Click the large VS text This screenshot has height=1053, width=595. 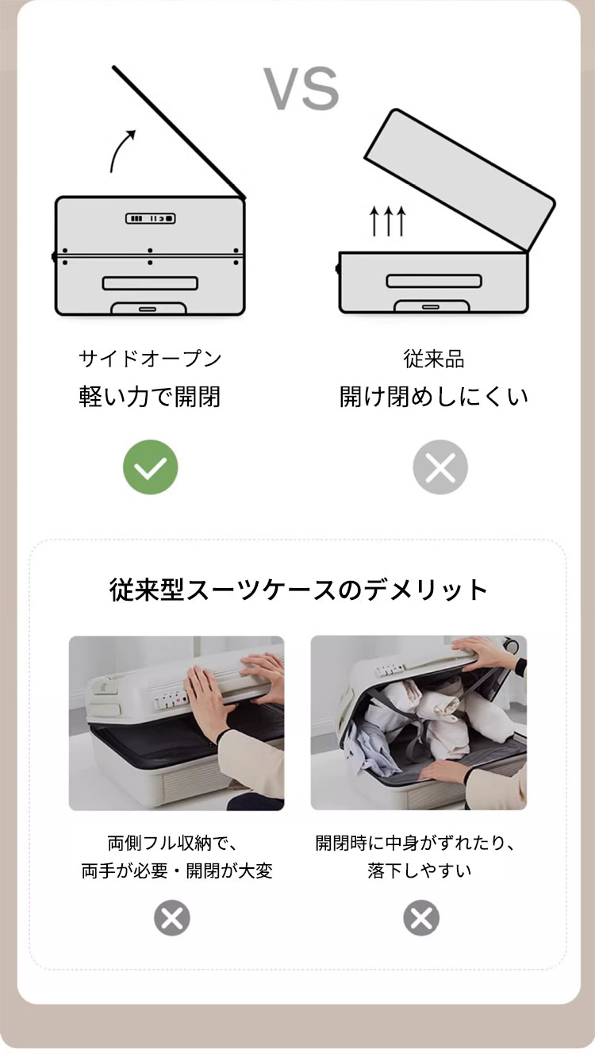(x=301, y=88)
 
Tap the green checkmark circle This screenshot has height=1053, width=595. (x=151, y=467)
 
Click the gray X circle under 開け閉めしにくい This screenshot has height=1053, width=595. (x=440, y=467)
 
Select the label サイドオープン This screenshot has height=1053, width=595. (x=150, y=359)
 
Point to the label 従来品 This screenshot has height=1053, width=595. (x=434, y=359)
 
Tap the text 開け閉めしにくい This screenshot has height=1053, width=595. (x=434, y=397)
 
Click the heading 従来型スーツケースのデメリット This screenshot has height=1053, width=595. (x=298, y=590)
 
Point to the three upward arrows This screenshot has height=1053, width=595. (x=388, y=221)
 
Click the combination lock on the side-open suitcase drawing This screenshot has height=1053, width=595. (x=151, y=218)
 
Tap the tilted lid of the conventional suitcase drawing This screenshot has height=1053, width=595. (x=460, y=180)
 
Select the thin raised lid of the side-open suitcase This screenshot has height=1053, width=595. (x=178, y=132)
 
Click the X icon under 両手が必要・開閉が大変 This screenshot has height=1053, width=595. (x=172, y=917)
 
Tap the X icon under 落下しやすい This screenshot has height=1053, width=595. (x=421, y=917)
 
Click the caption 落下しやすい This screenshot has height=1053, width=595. (x=419, y=870)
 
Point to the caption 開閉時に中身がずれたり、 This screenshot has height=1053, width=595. (x=415, y=843)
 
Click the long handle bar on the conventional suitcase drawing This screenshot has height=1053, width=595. (x=434, y=281)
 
